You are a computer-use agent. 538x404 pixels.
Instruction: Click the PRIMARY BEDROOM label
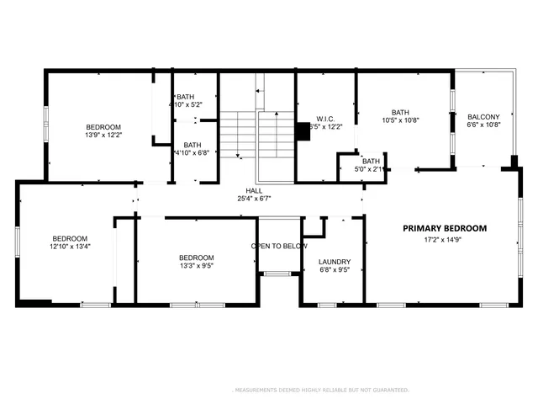click(444, 228)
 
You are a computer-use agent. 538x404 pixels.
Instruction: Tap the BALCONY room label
click(483, 117)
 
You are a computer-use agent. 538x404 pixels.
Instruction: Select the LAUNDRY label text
click(335, 262)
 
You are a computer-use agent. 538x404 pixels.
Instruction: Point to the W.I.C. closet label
click(326, 119)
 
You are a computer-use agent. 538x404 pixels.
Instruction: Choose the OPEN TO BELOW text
click(279, 246)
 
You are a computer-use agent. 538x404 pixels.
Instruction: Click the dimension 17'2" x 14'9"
click(444, 240)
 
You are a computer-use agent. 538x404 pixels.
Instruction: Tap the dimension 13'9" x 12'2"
click(103, 135)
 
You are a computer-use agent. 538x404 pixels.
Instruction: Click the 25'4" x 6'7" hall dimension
click(254, 199)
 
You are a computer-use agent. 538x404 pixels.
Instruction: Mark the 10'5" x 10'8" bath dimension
click(400, 120)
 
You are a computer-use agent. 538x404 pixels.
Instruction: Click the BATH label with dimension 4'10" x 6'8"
click(193, 145)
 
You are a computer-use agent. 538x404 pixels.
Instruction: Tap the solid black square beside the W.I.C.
click(303, 132)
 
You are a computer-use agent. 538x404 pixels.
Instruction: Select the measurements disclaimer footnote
click(319, 390)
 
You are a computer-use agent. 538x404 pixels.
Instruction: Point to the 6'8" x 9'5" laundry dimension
click(335, 271)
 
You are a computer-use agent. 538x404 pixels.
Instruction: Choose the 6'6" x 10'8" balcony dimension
click(483, 125)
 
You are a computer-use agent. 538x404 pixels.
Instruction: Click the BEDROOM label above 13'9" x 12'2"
click(103, 126)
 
